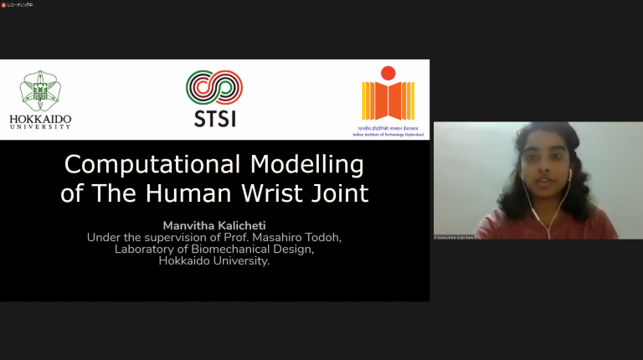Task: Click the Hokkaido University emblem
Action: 40,91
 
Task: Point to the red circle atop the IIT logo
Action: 388,73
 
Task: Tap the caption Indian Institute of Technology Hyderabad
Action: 388,132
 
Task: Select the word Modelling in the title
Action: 311,163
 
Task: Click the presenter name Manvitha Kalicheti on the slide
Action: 214,224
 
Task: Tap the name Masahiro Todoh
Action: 296,237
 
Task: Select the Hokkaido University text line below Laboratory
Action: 214,260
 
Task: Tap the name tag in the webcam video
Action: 454,237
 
